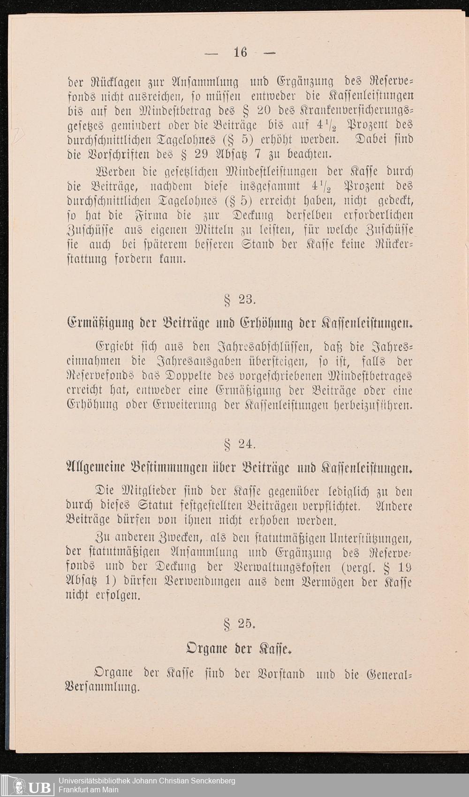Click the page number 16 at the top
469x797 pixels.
[240, 52]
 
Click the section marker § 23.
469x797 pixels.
[239, 299]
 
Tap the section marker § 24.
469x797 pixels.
[239, 443]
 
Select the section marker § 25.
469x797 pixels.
[239, 624]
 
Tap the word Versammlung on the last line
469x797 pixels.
[102, 688]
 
